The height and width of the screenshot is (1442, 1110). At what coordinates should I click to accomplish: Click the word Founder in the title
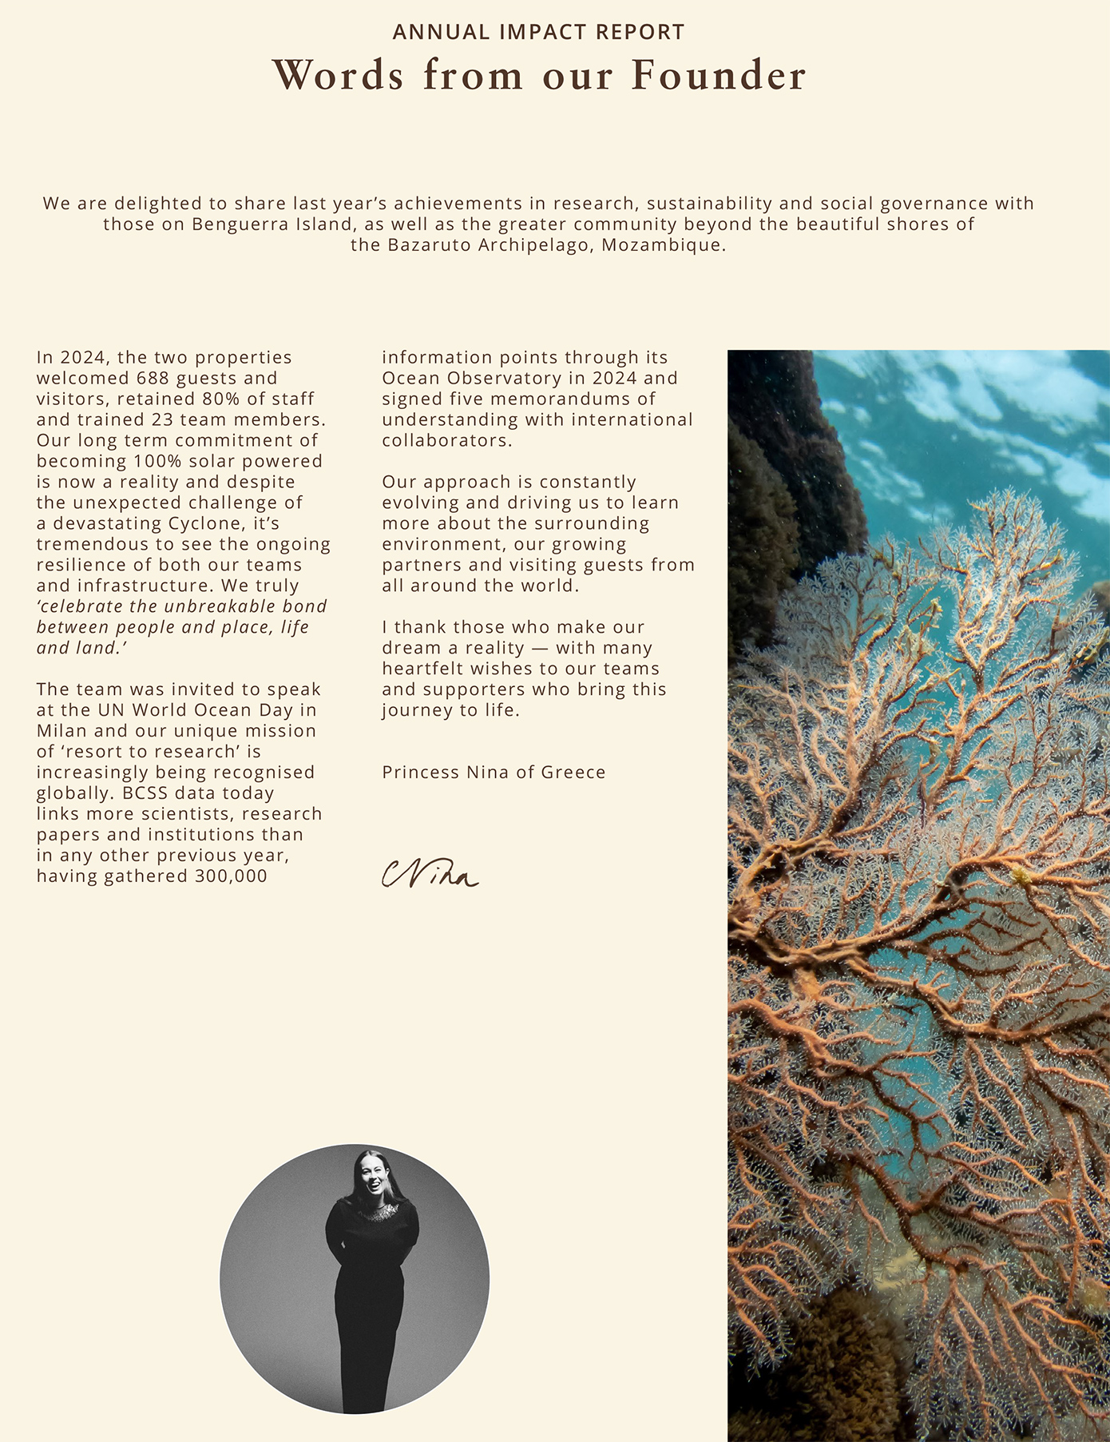[x=719, y=75]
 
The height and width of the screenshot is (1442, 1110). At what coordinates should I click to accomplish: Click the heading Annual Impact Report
[x=539, y=32]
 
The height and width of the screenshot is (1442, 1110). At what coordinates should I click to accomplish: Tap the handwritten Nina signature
[x=430, y=874]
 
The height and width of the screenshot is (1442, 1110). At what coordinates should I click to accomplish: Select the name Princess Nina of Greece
[x=494, y=773]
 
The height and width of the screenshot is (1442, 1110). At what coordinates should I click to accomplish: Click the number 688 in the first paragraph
[x=153, y=379]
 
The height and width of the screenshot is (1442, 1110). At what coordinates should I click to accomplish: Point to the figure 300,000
[x=231, y=876]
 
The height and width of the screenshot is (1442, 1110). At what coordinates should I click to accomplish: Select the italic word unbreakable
[x=220, y=606]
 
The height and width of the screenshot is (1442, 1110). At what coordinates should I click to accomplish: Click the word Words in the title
[x=339, y=75]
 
